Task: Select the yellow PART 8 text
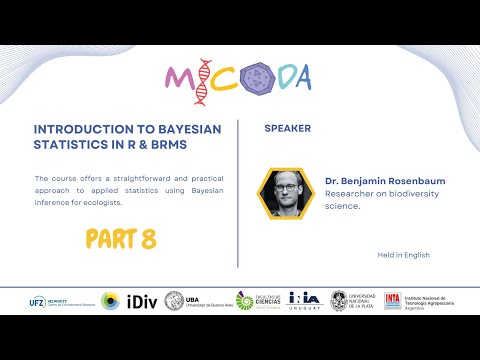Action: click(120, 239)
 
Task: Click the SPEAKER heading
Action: click(287, 129)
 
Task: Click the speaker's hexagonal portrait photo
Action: click(282, 192)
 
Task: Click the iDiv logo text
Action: click(139, 300)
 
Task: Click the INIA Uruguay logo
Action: click(304, 300)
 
